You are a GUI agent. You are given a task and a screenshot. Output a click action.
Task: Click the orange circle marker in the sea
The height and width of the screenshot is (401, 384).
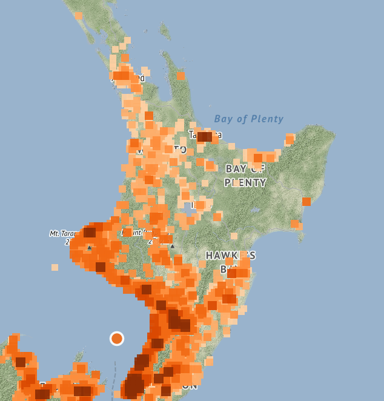(117, 339)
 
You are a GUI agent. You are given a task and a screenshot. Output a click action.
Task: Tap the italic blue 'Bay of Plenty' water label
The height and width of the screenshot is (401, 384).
(248, 119)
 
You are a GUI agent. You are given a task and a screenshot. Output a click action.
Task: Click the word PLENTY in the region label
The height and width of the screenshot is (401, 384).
(245, 182)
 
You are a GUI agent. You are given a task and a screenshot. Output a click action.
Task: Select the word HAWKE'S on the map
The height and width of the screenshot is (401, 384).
(230, 255)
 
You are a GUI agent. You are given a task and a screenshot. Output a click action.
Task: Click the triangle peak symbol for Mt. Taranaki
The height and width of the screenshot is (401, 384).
(90, 247)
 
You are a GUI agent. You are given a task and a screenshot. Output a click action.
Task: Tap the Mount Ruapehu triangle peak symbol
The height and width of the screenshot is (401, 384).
(172, 246)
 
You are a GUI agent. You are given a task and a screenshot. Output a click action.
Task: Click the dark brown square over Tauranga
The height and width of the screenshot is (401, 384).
(204, 137)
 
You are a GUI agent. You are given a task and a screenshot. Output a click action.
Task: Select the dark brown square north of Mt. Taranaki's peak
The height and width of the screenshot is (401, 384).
(90, 232)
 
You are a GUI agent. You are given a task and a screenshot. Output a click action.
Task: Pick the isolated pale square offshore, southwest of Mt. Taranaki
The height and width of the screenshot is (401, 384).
(55, 267)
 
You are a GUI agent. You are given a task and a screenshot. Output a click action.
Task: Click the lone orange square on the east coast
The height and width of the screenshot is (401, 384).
(306, 201)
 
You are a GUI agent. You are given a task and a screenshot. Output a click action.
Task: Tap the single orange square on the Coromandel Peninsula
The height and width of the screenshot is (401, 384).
(180, 76)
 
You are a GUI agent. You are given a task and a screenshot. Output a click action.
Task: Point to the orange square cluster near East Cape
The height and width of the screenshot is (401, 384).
(290, 139)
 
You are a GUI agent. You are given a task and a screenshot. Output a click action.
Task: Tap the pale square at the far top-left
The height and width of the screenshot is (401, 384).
(78, 16)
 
